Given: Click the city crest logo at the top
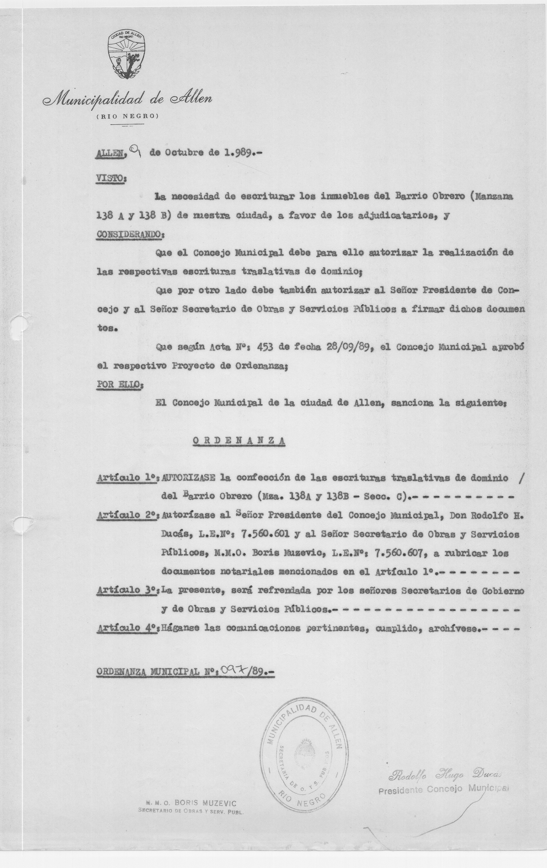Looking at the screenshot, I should (127, 54).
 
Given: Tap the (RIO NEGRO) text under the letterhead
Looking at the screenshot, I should (127, 116).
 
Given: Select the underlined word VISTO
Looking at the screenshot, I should (111, 178).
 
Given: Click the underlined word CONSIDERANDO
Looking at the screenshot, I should (130, 234).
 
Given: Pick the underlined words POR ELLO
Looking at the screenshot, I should (119, 384).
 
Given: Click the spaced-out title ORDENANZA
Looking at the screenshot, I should (239, 441).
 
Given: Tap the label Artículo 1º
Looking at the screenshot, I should (128, 478).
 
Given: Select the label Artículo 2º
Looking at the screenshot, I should (128, 515).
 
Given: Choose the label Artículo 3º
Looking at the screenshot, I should (128, 590).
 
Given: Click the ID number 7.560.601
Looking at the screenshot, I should (265, 534).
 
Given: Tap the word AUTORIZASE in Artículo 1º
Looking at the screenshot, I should (189, 478).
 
